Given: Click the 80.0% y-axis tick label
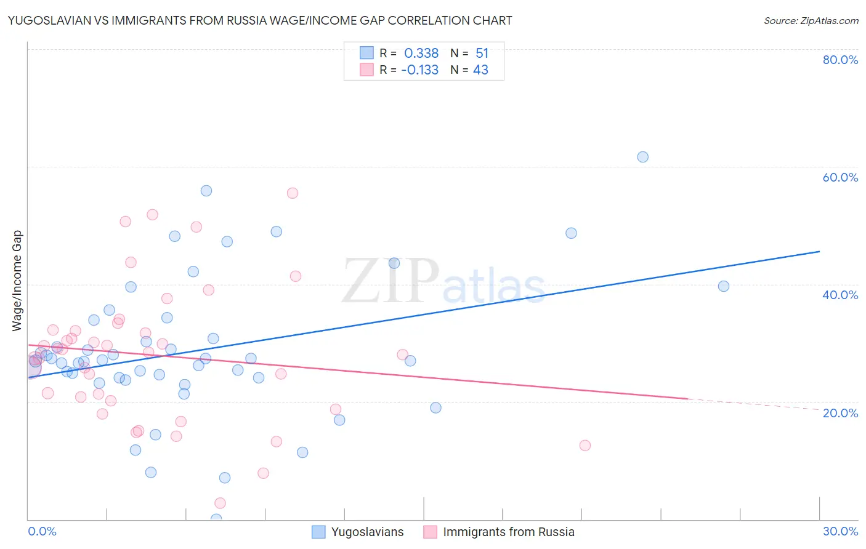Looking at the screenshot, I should tap(840, 60).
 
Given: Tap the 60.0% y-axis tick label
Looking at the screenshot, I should tap(840, 177).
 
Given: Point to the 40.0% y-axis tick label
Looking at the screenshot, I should tap(840, 295).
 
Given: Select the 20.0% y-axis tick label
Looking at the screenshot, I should tap(840, 412).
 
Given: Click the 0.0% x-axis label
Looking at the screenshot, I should tap(42, 531).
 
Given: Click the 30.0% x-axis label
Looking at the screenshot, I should tap(840, 531).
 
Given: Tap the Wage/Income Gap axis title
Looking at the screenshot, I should tap(17, 281).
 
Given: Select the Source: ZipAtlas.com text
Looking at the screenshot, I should tap(811, 21).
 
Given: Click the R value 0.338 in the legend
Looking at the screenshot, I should tap(421, 54).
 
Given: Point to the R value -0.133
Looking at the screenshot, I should tap(419, 70).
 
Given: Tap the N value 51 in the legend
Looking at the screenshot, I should tap(482, 54).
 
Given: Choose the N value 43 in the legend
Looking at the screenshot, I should tap(480, 70).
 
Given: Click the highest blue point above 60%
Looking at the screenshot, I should tap(642, 157).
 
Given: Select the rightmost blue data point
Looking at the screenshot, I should tap(724, 286).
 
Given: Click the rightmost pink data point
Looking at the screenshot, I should tap(585, 446).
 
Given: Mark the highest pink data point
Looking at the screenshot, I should tap(293, 193).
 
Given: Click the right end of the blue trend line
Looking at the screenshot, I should tap(819, 251).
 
